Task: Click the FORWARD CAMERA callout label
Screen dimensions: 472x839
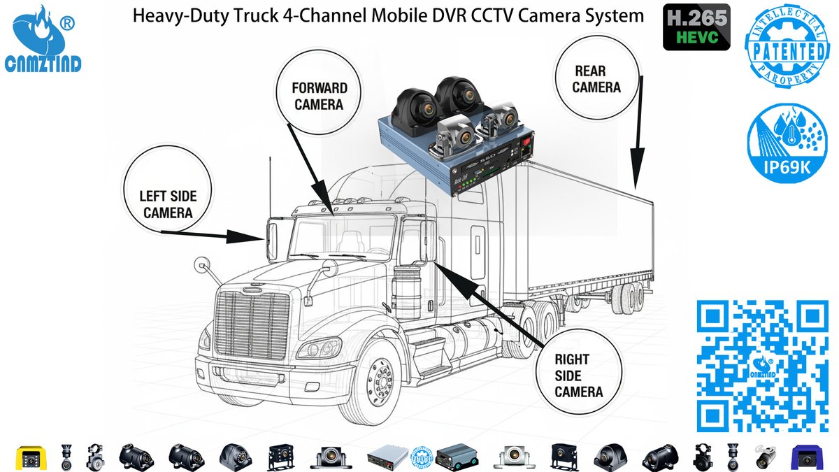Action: (x=319, y=96)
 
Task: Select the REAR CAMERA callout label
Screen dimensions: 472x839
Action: (x=596, y=79)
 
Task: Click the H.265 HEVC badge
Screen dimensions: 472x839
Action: (x=696, y=27)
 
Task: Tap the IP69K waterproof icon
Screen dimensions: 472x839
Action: (x=786, y=143)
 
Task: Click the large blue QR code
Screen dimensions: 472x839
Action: (x=762, y=366)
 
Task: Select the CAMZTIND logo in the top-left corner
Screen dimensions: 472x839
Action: (x=43, y=42)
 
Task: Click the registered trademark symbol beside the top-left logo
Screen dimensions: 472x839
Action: (x=68, y=23)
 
